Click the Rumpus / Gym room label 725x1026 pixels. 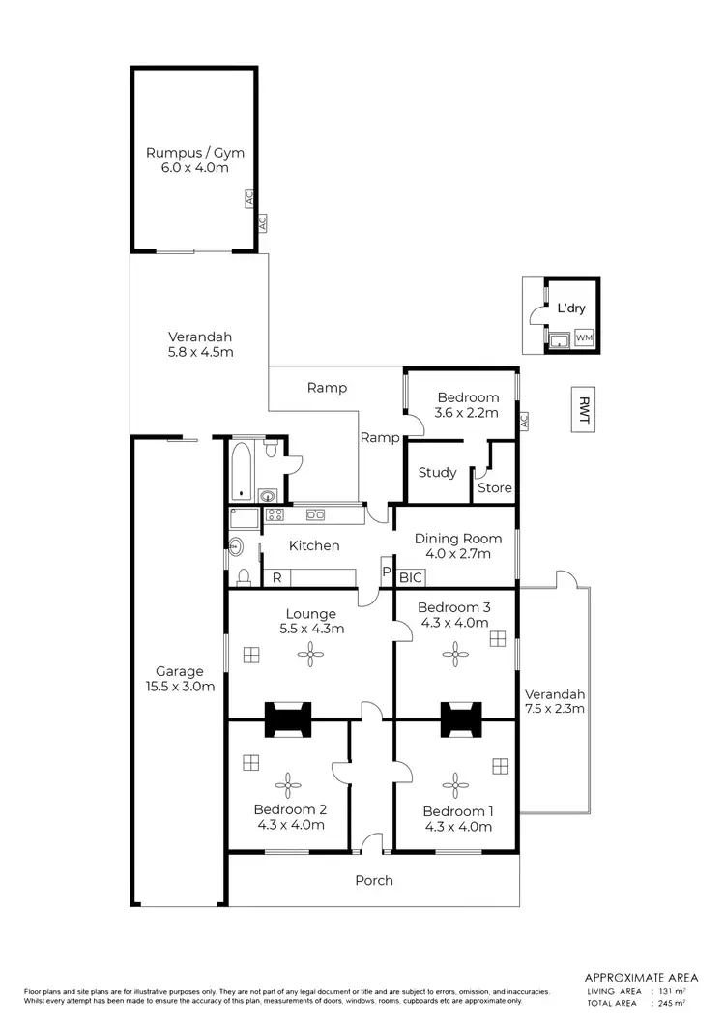click(x=194, y=152)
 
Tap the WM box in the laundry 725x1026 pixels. click(x=584, y=337)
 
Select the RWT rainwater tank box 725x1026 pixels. click(x=583, y=410)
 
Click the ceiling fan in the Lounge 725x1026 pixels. click(x=310, y=656)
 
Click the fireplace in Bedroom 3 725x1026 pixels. click(x=455, y=718)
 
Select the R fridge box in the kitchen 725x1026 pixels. click(x=276, y=577)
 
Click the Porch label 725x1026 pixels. click(x=373, y=880)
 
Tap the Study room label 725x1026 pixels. click(x=437, y=473)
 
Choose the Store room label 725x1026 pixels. click(x=494, y=487)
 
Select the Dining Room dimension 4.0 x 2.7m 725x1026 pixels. click(x=457, y=554)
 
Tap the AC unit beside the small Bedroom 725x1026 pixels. click(x=523, y=422)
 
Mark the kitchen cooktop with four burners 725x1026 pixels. click(x=274, y=515)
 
